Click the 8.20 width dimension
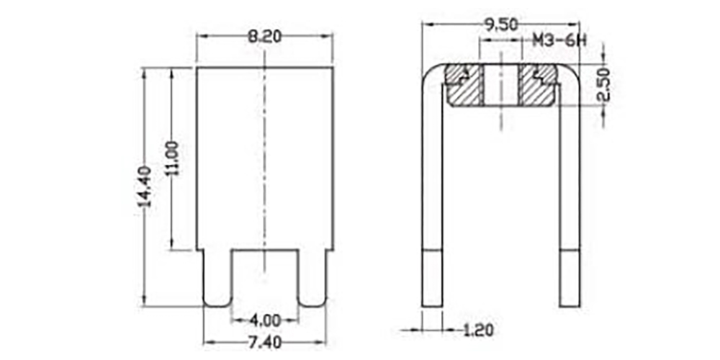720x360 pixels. point(264,37)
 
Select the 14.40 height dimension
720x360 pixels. point(145,187)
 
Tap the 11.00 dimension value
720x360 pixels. point(173,158)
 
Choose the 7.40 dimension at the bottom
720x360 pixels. point(265,343)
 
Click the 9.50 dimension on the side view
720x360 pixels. point(501,24)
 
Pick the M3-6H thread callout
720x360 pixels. point(559,40)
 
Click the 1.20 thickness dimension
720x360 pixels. point(479,330)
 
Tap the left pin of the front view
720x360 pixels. point(217,278)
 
